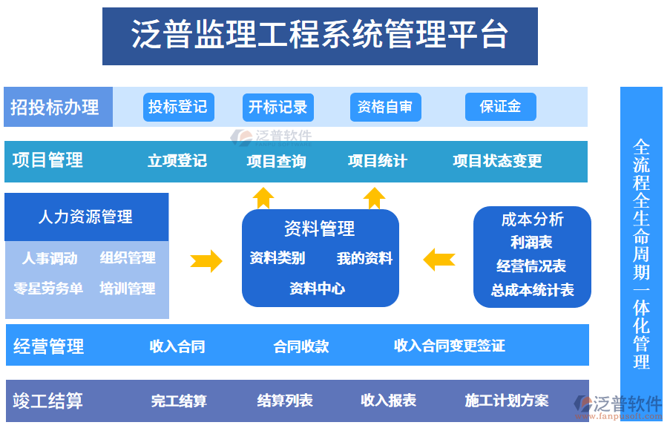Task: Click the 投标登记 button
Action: [x=178, y=107]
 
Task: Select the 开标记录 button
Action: [x=277, y=107]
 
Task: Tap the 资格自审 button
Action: [x=385, y=107]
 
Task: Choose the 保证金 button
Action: [x=500, y=107]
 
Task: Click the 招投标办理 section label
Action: [x=56, y=108]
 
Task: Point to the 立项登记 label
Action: [x=177, y=161]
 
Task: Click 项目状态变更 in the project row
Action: [x=497, y=161]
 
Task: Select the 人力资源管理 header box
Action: [x=86, y=217]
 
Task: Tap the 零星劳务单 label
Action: [x=48, y=289]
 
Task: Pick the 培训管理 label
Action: [x=128, y=289]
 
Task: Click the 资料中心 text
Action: [x=317, y=289]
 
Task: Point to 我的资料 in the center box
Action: [x=364, y=258]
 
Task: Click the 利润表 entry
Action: [x=531, y=243]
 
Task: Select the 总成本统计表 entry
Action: [x=532, y=290]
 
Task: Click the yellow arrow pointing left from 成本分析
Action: [x=439, y=260]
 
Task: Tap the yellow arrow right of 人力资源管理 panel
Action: [x=206, y=260]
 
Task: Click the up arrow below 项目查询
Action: [x=263, y=197]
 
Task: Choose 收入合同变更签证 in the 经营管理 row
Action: [x=449, y=346]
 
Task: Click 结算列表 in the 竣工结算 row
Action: [x=285, y=401]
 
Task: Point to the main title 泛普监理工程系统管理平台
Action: [x=320, y=35]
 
